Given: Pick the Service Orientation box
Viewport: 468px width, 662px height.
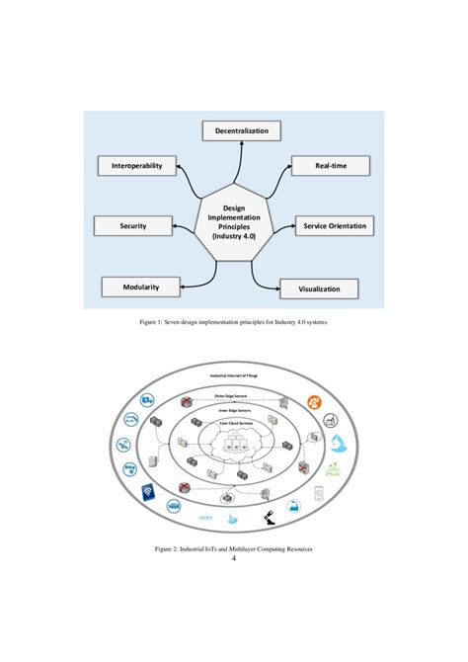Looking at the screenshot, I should pyautogui.click(x=336, y=226).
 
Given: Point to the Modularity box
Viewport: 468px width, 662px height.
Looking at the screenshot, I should pyautogui.click(x=142, y=287).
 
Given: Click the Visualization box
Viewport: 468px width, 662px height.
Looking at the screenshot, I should pyautogui.click(x=319, y=289).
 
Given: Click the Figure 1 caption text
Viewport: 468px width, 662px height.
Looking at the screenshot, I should pyautogui.click(x=233, y=322).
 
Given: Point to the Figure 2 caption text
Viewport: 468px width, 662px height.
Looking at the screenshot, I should pyautogui.click(x=233, y=546).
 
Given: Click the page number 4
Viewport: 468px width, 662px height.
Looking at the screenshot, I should pyautogui.click(x=233, y=558).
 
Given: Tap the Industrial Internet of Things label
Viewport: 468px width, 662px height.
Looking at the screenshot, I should pyautogui.click(x=233, y=376).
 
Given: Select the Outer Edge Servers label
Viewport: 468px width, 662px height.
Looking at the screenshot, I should pyautogui.click(x=233, y=394).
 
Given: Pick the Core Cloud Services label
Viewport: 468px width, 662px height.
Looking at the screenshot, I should pyautogui.click(x=233, y=428).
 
